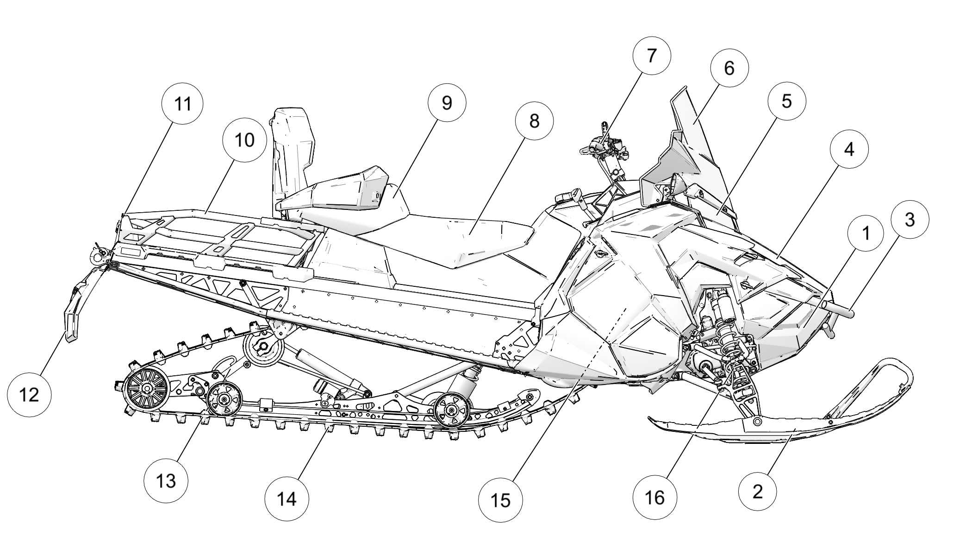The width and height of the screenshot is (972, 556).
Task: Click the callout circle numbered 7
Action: [651, 55]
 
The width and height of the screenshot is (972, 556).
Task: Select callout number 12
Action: [29, 395]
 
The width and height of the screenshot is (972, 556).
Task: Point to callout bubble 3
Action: [909, 220]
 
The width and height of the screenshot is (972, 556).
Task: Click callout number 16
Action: [654, 497]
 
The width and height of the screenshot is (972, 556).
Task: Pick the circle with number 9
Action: [446, 103]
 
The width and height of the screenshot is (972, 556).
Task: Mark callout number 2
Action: [757, 491]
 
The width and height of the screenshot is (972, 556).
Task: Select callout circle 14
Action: [287, 499]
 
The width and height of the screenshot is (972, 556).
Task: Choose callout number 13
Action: [166, 480]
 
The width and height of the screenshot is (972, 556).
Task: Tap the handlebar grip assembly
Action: [602, 146]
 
